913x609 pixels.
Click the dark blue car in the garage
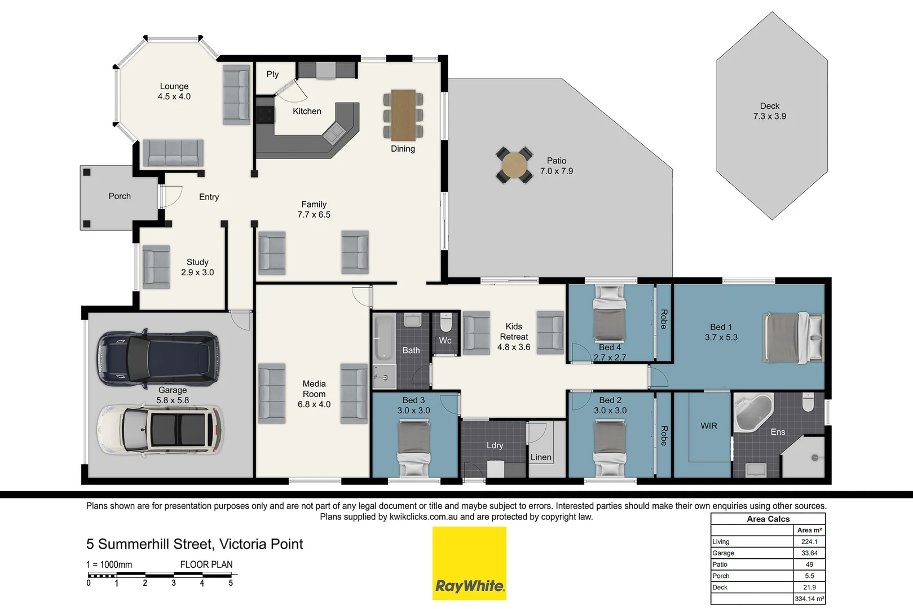158,358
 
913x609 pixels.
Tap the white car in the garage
160,430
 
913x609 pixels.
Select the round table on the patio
514,165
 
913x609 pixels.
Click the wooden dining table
403,115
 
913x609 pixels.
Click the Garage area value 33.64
809,553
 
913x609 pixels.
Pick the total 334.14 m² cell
809,599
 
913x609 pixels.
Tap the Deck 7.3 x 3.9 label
769,111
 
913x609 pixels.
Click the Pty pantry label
272,74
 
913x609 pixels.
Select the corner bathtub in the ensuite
753,413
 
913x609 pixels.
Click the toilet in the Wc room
446,323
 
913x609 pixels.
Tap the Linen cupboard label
541,457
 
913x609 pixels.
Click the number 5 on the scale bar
231,583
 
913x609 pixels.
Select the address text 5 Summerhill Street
195,544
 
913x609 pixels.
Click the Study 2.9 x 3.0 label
197,267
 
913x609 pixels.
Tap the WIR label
709,426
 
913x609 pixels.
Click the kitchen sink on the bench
334,133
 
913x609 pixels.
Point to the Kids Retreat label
514,337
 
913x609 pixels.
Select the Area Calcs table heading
768,519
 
